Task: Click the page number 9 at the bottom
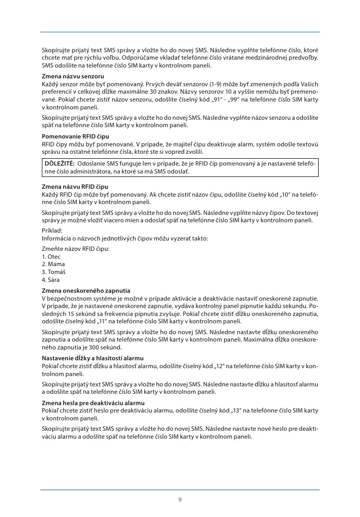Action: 180,500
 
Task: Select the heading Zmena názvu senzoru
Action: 72,77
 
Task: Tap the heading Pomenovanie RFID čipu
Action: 75,136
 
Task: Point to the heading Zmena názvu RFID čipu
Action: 75,187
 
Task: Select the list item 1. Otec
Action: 51,257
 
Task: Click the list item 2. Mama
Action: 53,264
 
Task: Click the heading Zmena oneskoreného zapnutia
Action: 86,290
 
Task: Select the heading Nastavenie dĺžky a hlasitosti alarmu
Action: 93,357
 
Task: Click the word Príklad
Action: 52,230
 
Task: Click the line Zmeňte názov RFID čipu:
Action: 75,249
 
